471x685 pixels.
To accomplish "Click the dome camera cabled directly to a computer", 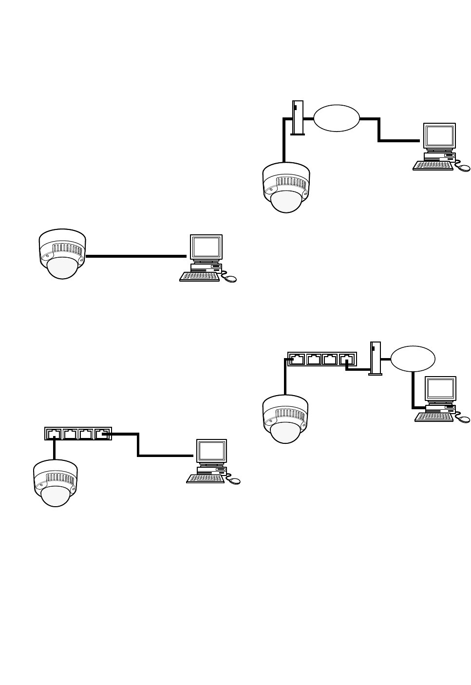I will pos(62,254).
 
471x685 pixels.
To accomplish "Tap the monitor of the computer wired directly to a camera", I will pos(206,247).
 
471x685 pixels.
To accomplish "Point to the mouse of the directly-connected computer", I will pos(230,279).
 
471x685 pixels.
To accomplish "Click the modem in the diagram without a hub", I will pos(298,117).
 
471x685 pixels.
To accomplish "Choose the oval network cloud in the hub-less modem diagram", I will pos(336,118).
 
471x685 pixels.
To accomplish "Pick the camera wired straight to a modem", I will pos(286,188).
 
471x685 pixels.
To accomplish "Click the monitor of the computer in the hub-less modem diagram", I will pos(440,136).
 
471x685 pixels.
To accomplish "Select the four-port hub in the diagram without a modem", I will pos(78,434).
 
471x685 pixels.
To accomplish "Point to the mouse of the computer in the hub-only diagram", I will pos(234,481).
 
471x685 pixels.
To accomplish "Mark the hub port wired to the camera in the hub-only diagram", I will pos(54,434).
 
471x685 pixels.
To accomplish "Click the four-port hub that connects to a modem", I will pos(322,359).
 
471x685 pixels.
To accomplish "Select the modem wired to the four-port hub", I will pos(376,358).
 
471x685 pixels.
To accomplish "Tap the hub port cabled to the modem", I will pos(346,360).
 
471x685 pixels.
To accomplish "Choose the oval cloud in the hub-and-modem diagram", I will pos(413,359).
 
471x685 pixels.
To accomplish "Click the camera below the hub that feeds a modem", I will pos(285,419).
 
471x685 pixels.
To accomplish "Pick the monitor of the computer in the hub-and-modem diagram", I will pos(441,388).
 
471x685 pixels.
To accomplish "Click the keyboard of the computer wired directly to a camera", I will pos(199,276).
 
